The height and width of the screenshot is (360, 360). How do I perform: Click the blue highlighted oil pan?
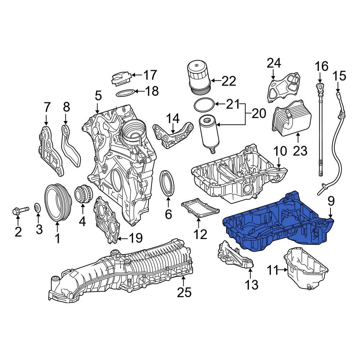pyautogui.click(x=277, y=227)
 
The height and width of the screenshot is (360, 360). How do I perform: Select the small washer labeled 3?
pyautogui.click(x=37, y=208)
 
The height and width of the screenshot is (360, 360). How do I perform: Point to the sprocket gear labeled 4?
pyautogui.click(x=82, y=195)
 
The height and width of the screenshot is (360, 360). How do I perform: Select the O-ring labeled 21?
pyautogui.click(x=204, y=105)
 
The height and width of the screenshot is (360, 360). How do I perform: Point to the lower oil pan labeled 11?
pyautogui.click(x=306, y=268)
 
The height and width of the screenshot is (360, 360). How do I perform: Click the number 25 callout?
pyautogui.click(x=184, y=293)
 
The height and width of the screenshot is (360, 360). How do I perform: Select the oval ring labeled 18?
pyautogui.click(x=126, y=93)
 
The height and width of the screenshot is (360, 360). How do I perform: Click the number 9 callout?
pyautogui.click(x=330, y=201)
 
